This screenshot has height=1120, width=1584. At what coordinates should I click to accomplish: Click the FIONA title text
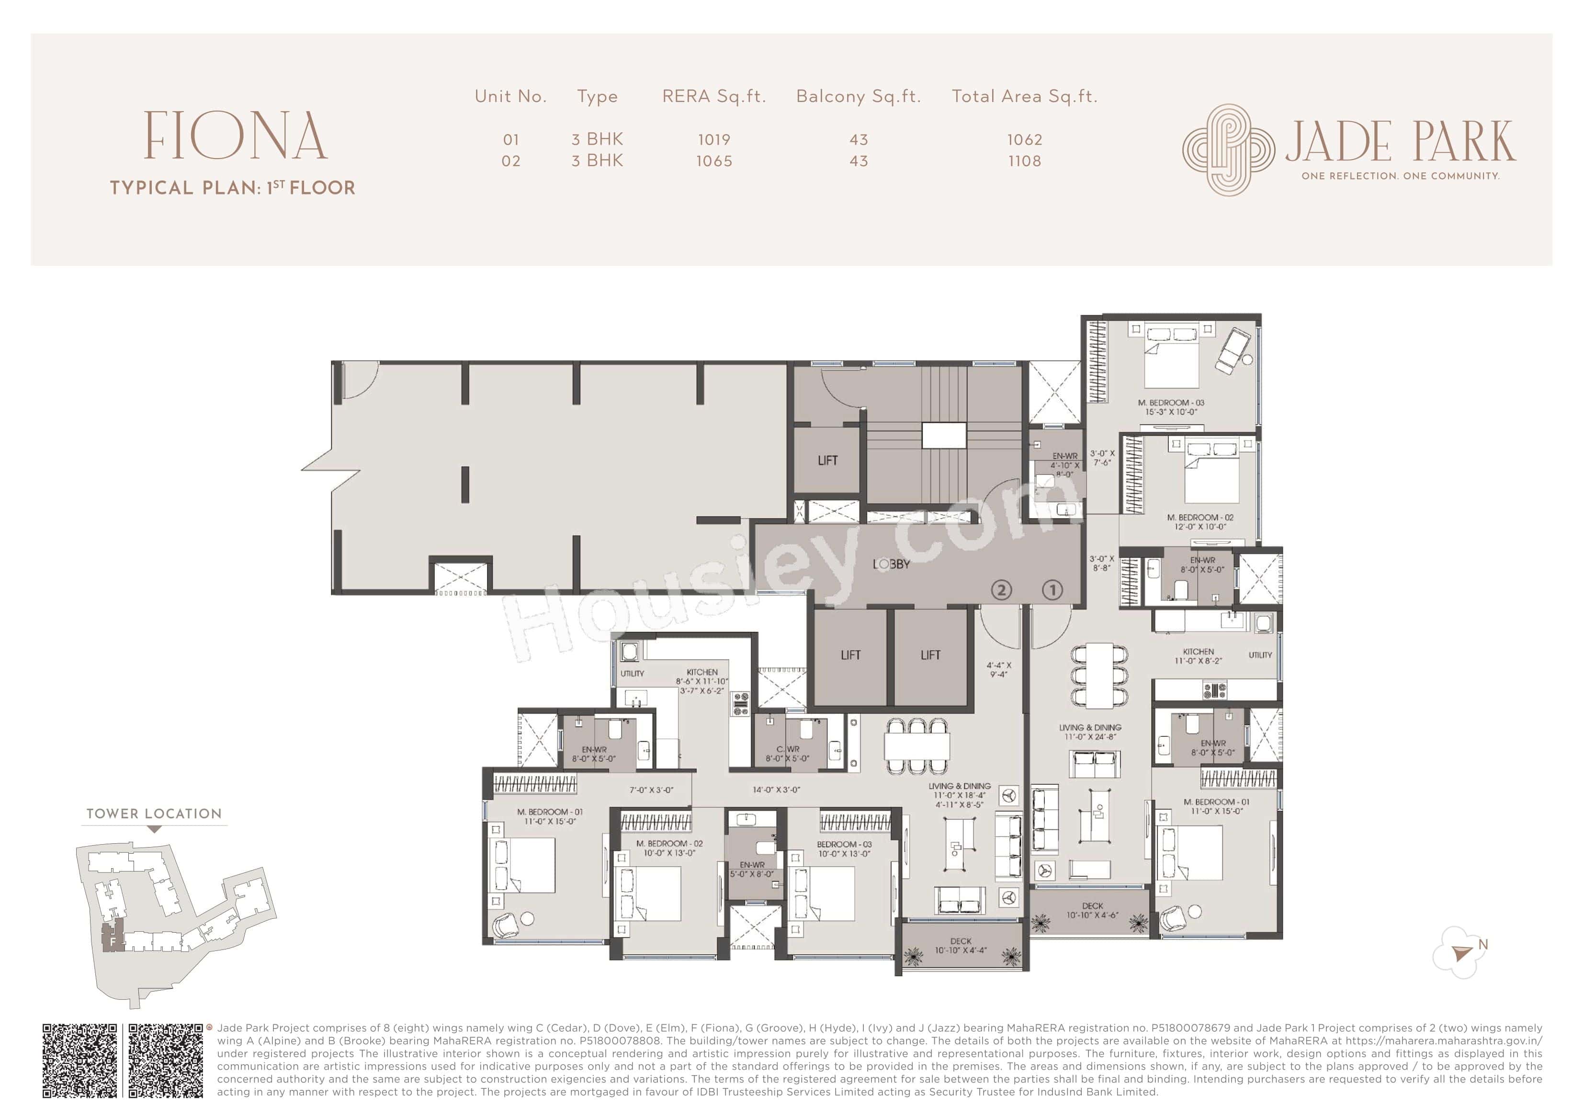pos(235,136)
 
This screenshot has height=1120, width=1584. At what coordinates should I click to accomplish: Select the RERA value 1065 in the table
pos(713,161)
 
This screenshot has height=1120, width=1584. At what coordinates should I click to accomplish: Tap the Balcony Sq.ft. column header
pos(858,97)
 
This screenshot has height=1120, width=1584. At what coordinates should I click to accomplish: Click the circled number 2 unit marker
pos(1001,589)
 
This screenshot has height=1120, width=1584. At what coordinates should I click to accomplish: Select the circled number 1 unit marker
pos(1052,589)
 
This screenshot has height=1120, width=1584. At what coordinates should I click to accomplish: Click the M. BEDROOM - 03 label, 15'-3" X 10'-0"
pos(1171,407)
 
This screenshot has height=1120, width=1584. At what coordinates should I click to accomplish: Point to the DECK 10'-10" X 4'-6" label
pos(1092,910)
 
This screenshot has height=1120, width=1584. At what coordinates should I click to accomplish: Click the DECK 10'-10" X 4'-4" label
pos(961,945)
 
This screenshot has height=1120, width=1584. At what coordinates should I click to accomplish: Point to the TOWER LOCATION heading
pos(154,814)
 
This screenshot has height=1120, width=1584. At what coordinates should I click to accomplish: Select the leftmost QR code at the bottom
pos(80,1061)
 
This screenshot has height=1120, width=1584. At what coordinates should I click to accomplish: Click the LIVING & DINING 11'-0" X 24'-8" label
pos(1090,732)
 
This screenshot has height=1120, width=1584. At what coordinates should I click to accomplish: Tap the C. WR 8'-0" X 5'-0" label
pos(787,754)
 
